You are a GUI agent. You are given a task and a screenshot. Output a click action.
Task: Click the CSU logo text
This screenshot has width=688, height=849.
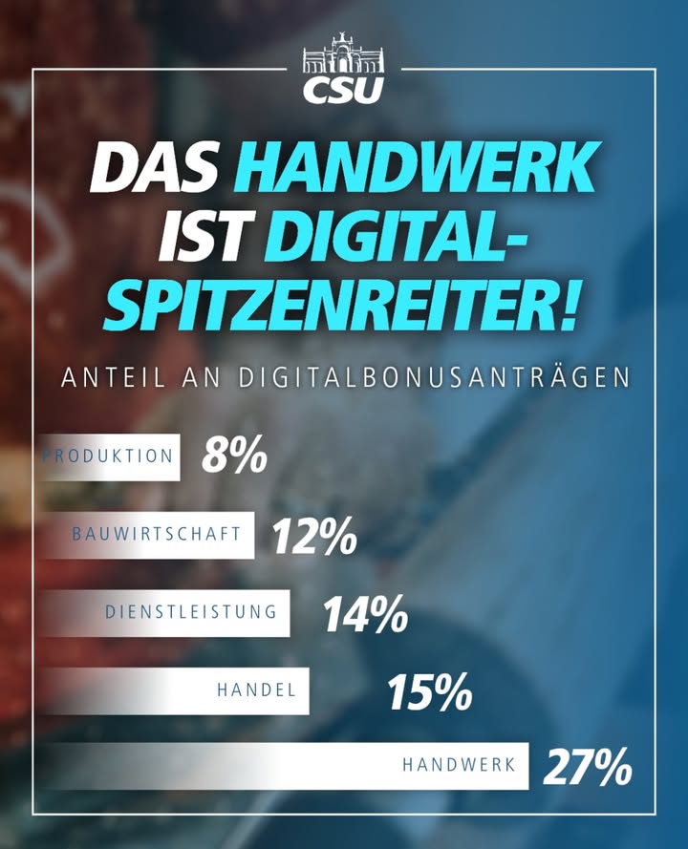tap(343, 91)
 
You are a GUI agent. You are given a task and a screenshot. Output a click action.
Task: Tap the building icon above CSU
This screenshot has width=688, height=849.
tap(343, 53)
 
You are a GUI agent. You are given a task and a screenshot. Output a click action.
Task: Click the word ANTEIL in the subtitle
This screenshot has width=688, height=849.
tap(113, 378)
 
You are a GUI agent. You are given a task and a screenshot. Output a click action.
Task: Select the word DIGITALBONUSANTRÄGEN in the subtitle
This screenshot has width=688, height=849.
tap(435, 377)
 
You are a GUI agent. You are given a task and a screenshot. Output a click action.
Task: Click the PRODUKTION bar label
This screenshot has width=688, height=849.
tap(107, 456)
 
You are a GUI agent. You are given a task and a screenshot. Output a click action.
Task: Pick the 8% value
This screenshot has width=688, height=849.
tap(234, 456)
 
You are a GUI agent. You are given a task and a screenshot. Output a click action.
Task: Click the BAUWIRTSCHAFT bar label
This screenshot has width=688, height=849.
tap(156, 533)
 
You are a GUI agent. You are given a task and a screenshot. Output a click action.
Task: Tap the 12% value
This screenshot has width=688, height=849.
tap(314, 536)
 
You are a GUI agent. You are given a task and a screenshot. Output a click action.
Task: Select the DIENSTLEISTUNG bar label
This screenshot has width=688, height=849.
tap(191, 612)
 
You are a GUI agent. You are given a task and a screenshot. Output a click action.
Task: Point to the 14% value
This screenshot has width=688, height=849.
tap(366, 614)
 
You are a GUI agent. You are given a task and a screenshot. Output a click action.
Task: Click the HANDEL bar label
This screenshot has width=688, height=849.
tap(257, 690)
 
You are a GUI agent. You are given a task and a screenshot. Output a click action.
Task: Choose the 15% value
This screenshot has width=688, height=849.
tap(430, 692)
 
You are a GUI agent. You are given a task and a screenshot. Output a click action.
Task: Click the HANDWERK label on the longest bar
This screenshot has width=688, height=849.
tap(459, 764)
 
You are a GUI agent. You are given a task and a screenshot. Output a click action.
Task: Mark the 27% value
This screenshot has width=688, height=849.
tap(588, 766)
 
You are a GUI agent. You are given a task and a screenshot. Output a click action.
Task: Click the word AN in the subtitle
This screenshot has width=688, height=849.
tap(202, 378)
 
